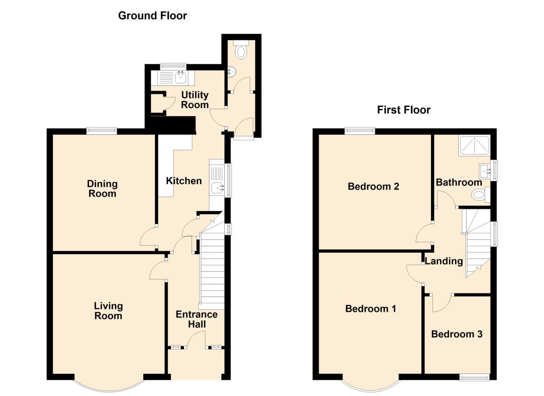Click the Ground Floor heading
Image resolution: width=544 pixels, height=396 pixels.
pos(152,16)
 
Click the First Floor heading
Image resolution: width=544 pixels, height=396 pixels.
pos(404,110)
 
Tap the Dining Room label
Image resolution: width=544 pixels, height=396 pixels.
pos(102,188)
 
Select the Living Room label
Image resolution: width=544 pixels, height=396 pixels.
pos(108,311)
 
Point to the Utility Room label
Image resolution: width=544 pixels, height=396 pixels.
pos(195,100)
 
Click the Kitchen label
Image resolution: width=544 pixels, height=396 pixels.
pos(184,181)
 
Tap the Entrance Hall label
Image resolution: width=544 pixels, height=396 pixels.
pos(197,319)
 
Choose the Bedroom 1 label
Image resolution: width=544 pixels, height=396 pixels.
pos(371,309)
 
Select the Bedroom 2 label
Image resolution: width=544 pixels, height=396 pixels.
pos(373,187)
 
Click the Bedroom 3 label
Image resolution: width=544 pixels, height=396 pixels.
pos(456,334)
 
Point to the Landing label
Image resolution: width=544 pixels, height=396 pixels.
pos(444,261)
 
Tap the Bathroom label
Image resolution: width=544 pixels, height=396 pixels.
pos(459,182)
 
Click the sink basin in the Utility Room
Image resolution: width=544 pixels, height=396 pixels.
pos(181,77)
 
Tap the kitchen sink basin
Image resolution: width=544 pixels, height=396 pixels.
pos(217,188)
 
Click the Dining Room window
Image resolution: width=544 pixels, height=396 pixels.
pos(102,131)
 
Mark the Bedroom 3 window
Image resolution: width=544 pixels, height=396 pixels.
pos(474,377)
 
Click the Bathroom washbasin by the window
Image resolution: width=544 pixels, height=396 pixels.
pos(485,170)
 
